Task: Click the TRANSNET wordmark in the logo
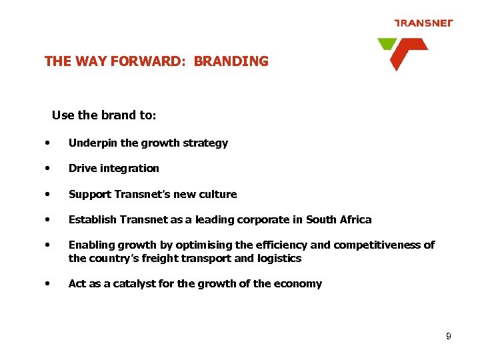pyautogui.click(x=423, y=23)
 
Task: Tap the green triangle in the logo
pyautogui.click(x=386, y=44)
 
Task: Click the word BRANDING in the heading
pyautogui.click(x=231, y=61)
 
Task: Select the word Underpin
pyautogui.click(x=91, y=143)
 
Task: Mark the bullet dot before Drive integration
pyautogui.click(x=48, y=168)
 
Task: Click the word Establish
pyautogui.click(x=91, y=219)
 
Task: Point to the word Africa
pyautogui.click(x=355, y=219)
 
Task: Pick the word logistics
pyautogui.click(x=279, y=258)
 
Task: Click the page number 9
pyautogui.click(x=449, y=337)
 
